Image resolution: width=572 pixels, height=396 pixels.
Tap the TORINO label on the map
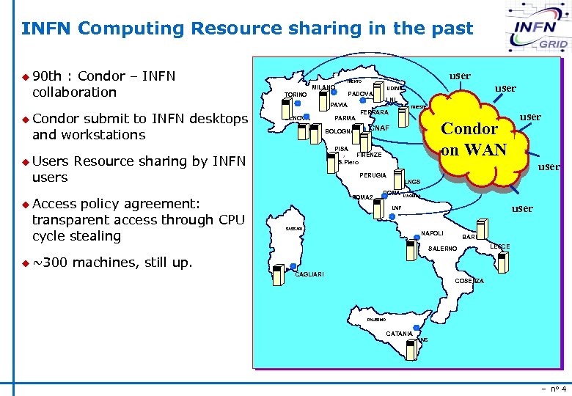(x=295, y=95)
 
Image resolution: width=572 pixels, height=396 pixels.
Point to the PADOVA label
(x=360, y=95)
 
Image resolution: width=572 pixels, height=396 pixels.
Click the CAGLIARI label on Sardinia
(x=309, y=275)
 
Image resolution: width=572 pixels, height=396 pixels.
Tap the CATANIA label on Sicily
(x=399, y=334)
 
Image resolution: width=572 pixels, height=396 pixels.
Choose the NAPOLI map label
(x=432, y=234)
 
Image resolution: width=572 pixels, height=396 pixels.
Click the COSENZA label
(x=469, y=282)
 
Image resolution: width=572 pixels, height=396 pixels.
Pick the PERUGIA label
(x=373, y=176)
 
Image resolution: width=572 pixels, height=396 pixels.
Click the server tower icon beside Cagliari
(x=279, y=274)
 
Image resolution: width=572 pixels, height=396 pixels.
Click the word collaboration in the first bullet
(x=74, y=92)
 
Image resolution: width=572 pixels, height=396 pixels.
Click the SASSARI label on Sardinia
(x=294, y=230)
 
